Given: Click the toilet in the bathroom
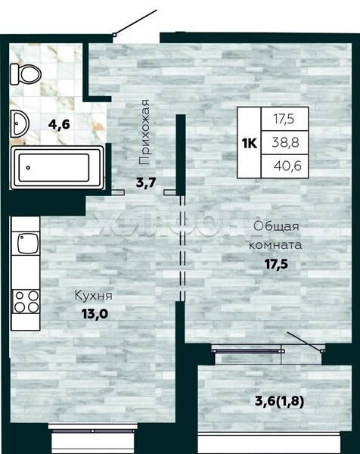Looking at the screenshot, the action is [x=26, y=75].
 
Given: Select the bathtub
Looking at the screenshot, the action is [x=57, y=168].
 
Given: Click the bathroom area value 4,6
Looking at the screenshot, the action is [x=59, y=125].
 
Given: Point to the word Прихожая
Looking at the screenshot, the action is [x=144, y=132].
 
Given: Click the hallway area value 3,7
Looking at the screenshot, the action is [x=146, y=182].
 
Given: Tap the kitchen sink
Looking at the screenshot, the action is [x=28, y=243].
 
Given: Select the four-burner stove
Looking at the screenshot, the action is [x=26, y=301].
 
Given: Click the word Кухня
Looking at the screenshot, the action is [x=94, y=296].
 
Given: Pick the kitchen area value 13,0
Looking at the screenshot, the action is [x=95, y=313].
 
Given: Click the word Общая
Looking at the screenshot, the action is [x=276, y=226].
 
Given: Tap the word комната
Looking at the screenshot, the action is [x=275, y=245].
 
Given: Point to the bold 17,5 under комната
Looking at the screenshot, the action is [x=276, y=264].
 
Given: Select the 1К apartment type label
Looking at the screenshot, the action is [x=250, y=143].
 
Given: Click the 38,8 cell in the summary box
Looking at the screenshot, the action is [x=285, y=142].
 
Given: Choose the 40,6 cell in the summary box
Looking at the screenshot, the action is [x=287, y=166].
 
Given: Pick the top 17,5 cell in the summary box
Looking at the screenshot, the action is [x=284, y=119].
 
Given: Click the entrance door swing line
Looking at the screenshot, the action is [x=135, y=23].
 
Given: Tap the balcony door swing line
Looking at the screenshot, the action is [x=306, y=342].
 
